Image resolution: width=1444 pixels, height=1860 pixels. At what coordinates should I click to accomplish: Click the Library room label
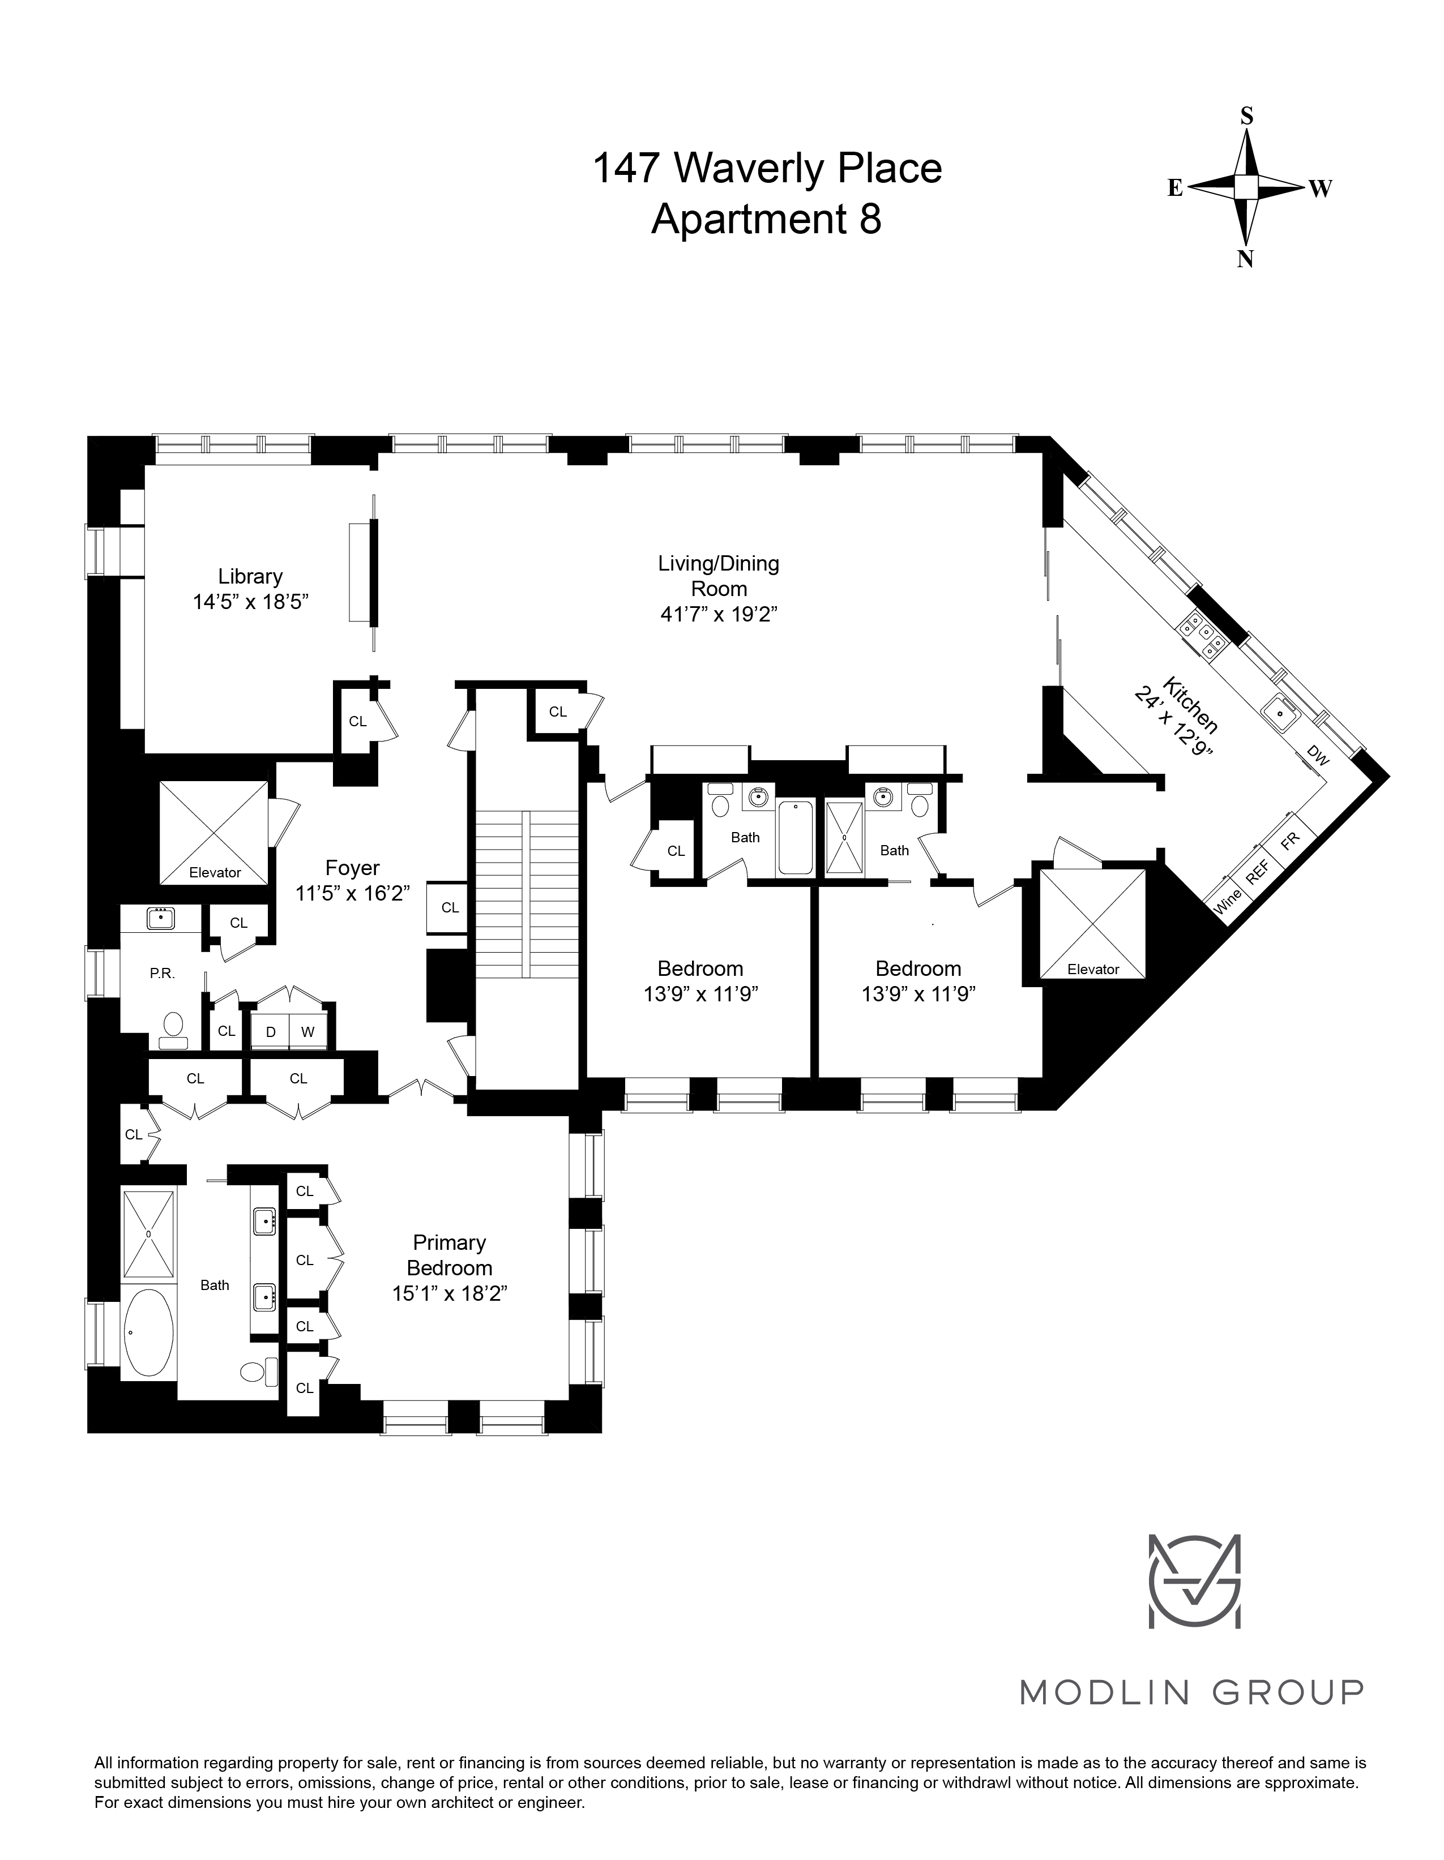(x=250, y=577)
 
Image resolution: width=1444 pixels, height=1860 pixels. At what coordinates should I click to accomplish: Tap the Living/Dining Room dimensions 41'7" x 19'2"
(x=719, y=614)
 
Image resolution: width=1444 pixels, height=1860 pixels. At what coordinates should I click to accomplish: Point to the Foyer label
(x=352, y=868)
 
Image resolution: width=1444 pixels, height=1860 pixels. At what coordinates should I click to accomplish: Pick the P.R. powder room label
(x=162, y=972)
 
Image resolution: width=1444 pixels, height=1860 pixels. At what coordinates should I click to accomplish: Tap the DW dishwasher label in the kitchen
(x=1317, y=756)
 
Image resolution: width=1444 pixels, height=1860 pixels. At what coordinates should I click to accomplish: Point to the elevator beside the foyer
(x=215, y=833)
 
